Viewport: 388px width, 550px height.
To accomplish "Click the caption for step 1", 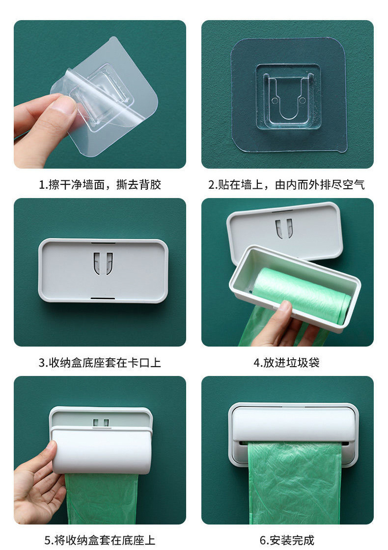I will click(100, 185).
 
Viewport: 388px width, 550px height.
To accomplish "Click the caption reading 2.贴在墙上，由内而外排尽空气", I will click(287, 185).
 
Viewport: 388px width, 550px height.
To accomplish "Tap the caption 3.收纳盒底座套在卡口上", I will click(100, 363).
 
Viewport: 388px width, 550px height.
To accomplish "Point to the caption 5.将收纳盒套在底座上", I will click(100, 540).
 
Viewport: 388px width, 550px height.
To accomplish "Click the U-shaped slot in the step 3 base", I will click(103, 263).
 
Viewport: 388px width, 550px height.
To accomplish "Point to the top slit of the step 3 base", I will click(103, 243).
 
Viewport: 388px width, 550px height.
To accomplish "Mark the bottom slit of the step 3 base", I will click(103, 298).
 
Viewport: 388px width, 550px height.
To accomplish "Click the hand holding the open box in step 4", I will click(280, 326).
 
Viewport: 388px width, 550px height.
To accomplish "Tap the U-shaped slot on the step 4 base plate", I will click(284, 228).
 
